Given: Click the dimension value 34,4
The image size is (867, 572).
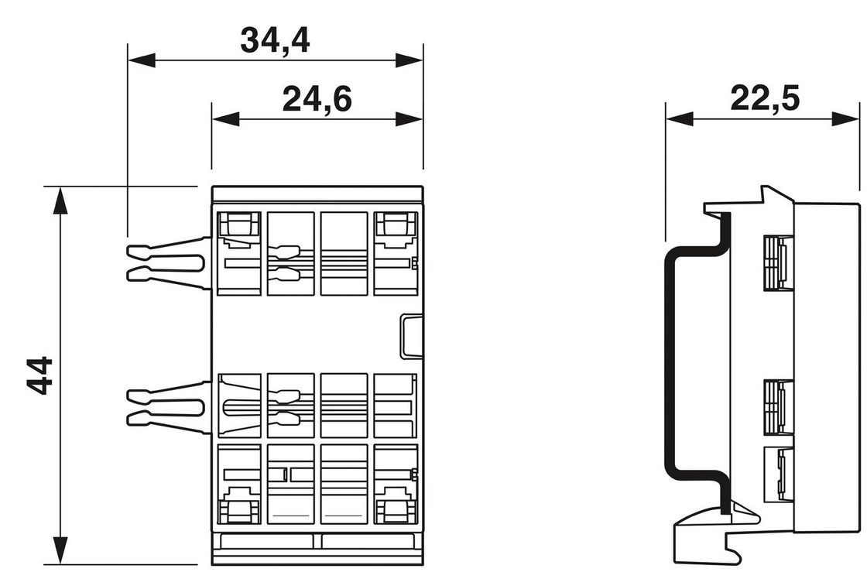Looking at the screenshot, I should coord(275,40).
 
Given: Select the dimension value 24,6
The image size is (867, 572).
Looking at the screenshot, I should coord(317,100).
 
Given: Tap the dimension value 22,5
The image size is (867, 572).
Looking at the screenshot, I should coord(765,99).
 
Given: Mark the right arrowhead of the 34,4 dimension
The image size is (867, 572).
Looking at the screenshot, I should coord(410,60).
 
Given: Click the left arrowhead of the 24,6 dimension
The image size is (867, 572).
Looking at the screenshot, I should coord(224,119).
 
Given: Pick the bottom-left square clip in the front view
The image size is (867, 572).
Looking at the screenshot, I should coord(239,509).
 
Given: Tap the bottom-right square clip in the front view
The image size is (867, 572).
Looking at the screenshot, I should coord(396,509).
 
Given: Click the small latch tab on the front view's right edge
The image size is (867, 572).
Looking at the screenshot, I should coord(411,336).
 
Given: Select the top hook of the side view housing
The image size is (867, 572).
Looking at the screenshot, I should coord(770,196).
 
